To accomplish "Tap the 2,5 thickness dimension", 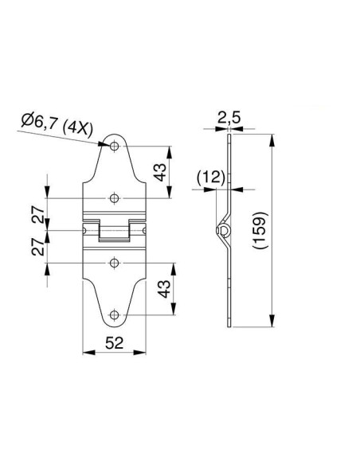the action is pyautogui.click(x=229, y=118).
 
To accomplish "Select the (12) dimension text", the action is pyautogui.click(x=211, y=177).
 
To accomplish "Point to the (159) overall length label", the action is pyautogui.click(x=260, y=230).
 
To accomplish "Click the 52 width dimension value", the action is pyautogui.click(x=115, y=343).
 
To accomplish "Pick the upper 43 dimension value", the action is pyautogui.click(x=160, y=172).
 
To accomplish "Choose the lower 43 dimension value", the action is pyautogui.click(x=164, y=288).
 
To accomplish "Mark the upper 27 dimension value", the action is pyautogui.click(x=38, y=214).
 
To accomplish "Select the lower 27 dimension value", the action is pyautogui.click(x=38, y=247).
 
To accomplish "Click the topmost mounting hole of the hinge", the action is pyautogui.click(x=115, y=146).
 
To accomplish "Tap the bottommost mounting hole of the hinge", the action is pyautogui.click(x=115, y=315).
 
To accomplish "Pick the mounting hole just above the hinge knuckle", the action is pyautogui.click(x=115, y=197).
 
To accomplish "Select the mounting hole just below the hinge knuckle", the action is pyautogui.click(x=115, y=263).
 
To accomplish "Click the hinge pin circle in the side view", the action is pyautogui.click(x=223, y=230).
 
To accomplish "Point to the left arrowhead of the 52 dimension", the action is pyautogui.click(x=88, y=352).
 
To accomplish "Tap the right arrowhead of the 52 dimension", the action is pyautogui.click(x=140, y=352).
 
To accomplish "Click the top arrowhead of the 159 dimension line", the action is pyautogui.click(x=272, y=140).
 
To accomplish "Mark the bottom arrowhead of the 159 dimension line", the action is pyautogui.click(x=272, y=321).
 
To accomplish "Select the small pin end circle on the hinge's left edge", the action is pyautogui.click(x=84, y=230).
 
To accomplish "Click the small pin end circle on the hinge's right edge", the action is pyautogui.click(x=144, y=230).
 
